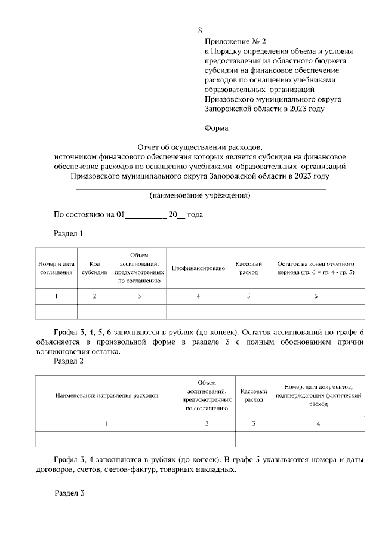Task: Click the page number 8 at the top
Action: tap(200, 30)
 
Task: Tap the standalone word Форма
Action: tap(216, 127)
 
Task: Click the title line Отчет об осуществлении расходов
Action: tap(199, 146)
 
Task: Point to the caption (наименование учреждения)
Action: tap(199, 195)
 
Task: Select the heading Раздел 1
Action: tap(69, 233)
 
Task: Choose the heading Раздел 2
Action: tap(69, 361)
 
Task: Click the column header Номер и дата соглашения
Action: tap(56, 268)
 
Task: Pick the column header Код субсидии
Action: tap(94, 268)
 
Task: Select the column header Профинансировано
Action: tap(198, 268)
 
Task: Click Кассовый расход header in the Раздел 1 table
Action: tap(248, 268)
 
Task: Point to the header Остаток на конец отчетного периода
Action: tap(316, 268)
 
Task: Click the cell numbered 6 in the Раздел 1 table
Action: tap(316, 296)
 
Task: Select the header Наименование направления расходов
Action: tap(107, 395)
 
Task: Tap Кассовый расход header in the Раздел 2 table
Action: tap(253, 395)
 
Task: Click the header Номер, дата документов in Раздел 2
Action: tap(318, 395)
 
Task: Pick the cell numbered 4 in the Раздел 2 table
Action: tap(318, 423)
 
